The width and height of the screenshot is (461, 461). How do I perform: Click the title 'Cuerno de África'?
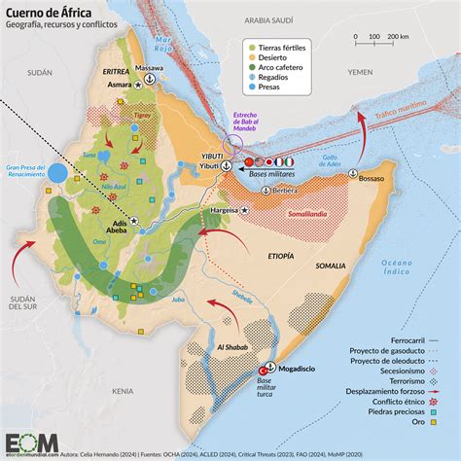click(x=56, y=11)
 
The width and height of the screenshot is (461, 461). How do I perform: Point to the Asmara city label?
click(x=116, y=86)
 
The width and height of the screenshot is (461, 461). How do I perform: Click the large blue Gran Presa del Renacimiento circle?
click(x=57, y=176)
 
